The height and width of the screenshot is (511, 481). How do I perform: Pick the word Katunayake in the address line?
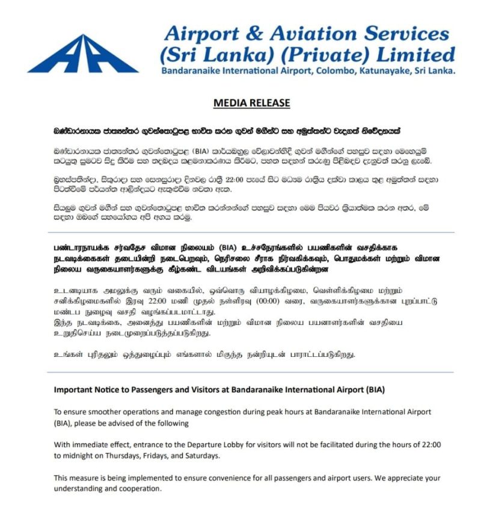(384, 71)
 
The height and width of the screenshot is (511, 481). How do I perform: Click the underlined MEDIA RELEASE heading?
(251, 103)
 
